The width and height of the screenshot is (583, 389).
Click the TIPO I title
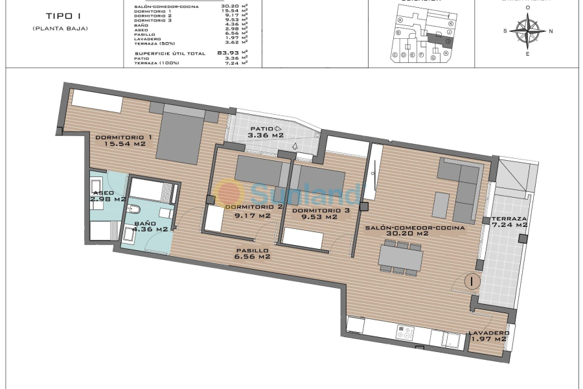[x=60, y=16]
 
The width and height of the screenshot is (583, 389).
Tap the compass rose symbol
[x=527, y=29]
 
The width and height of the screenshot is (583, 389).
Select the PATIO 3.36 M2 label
[x=267, y=132]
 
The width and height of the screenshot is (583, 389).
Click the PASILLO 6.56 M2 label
[x=252, y=253]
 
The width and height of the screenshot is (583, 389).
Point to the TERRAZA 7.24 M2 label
[x=509, y=222]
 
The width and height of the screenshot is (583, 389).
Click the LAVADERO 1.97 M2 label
[x=488, y=336]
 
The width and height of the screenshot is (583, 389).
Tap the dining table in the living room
[x=400, y=257]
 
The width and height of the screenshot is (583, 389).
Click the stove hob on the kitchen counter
[x=405, y=333]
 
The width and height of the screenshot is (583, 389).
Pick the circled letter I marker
[x=472, y=281]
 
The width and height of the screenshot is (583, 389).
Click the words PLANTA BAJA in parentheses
[x=60, y=29]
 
